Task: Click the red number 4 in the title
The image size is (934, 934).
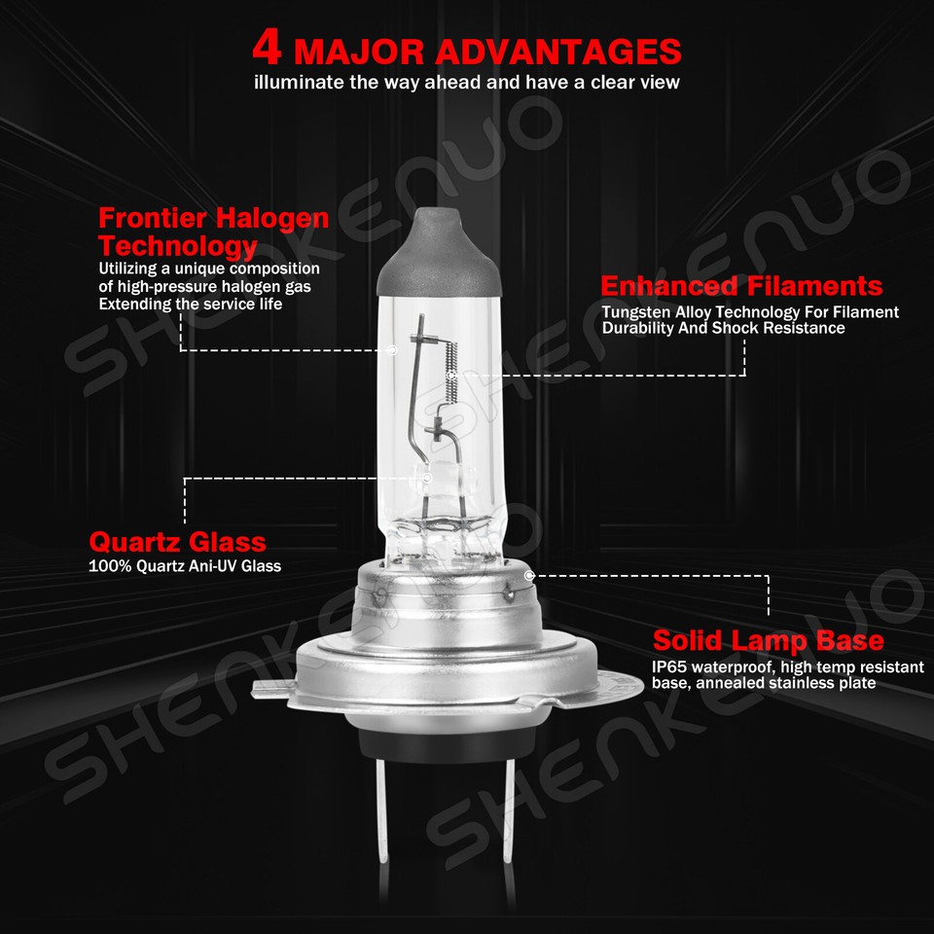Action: tap(269, 49)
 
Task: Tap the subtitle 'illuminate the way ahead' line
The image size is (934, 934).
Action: tap(466, 83)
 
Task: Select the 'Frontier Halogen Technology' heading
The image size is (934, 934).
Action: tap(213, 231)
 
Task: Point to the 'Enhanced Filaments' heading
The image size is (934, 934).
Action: tap(741, 286)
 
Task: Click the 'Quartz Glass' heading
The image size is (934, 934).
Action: tap(177, 542)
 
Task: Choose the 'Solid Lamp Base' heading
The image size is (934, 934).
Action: tap(768, 640)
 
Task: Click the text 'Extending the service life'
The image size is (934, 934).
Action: tap(190, 304)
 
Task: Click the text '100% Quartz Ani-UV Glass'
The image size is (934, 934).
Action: tap(184, 565)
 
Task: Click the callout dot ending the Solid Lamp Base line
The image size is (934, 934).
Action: tap(528, 575)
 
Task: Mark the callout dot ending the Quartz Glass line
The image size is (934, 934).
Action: tap(426, 478)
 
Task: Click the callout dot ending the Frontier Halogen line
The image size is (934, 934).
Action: tap(391, 349)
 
